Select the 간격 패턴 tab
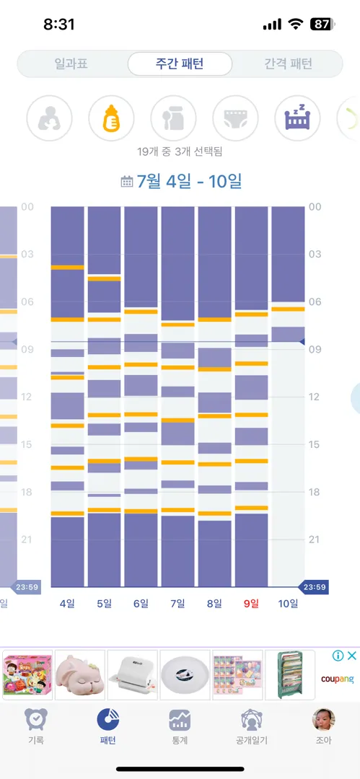[288, 63]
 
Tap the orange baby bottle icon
[111, 119]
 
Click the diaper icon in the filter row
[236, 119]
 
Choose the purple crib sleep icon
[297, 119]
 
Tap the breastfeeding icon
[49, 119]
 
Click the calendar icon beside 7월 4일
[127, 181]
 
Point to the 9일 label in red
[251, 604]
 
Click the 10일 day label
[288, 604]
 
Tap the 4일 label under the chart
[67, 604]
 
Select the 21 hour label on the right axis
[316, 540]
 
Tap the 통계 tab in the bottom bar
[180, 727]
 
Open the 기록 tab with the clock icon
[36, 727]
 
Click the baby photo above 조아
[323, 720]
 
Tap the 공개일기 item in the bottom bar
[252, 727]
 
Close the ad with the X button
[351, 656]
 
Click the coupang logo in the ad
[337, 679]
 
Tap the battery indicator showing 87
[322, 24]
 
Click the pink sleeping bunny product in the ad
[80, 674]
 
